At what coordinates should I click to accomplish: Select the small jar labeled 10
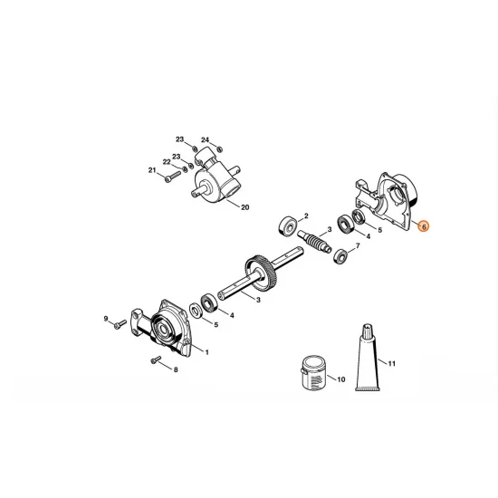coord(309,374)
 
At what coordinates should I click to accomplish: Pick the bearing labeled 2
coord(290,224)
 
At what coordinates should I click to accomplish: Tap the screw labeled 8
coord(158,361)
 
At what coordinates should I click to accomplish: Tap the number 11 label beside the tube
coord(393,364)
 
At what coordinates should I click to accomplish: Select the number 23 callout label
coord(179,139)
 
